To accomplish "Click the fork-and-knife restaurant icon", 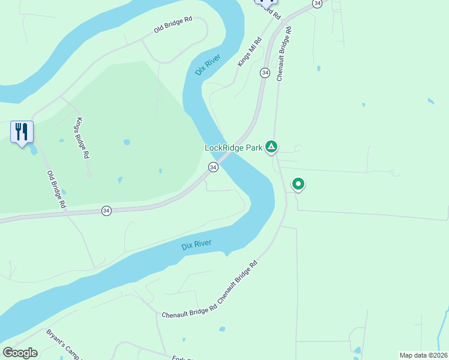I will pyautogui.click(x=22, y=132).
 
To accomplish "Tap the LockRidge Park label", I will pyautogui.click(x=233, y=147).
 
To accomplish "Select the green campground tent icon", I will pyautogui.click(x=271, y=146).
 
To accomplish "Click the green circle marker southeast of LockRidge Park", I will pyautogui.click(x=298, y=184).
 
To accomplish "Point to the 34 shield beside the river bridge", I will pyautogui.click(x=213, y=167).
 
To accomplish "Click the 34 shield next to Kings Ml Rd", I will pyautogui.click(x=264, y=73).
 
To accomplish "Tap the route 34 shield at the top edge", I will pyautogui.click(x=318, y=4).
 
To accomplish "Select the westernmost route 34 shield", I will pyautogui.click(x=106, y=211).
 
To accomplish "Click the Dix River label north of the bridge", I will pyautogui.click(x=208, y=65).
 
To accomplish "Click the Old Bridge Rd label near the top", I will pyautogui.click(x=172, y=24).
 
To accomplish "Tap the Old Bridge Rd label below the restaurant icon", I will pyautogui.click(x=56, y=190).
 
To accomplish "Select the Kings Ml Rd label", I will pyautogui.click(x=250, y=52).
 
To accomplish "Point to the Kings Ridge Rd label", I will pyautogui.click(x=82, y=138).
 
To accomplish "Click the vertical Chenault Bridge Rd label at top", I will pyautogui.click(x=283, y=53).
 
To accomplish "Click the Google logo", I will pyautogui.click(x=20, y=353).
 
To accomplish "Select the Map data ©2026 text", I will pyautogui.click(x=423, y=355).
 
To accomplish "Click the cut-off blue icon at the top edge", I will pyautogui.click(x=266, y=4).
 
